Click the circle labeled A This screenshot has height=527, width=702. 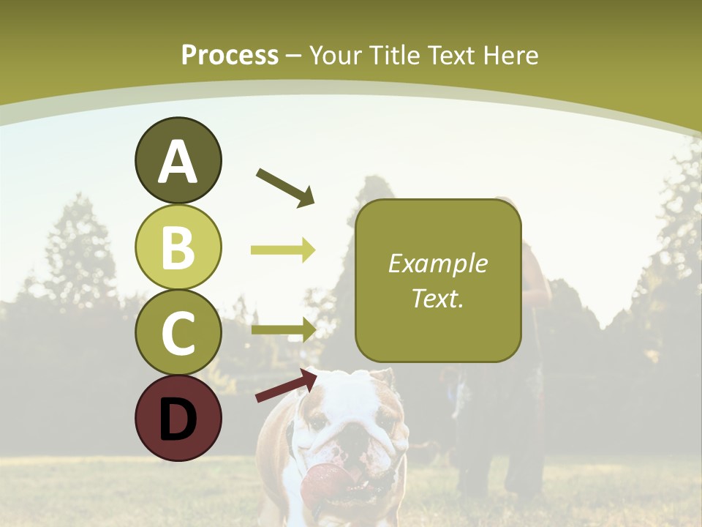point(178,160)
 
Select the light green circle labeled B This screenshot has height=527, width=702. point(178,247)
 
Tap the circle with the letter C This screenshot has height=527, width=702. point(178,332)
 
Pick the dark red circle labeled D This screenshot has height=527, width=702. point(178,418)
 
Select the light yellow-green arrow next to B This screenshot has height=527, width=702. point(283,250)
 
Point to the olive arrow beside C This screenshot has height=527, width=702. point(283,329)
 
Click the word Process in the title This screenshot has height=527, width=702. point(230,55)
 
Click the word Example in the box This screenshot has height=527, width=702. point(438,263)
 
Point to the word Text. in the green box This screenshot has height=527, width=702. point(438,298)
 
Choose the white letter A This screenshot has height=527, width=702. point(178,162)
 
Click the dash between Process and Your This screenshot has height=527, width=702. point(294,56)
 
